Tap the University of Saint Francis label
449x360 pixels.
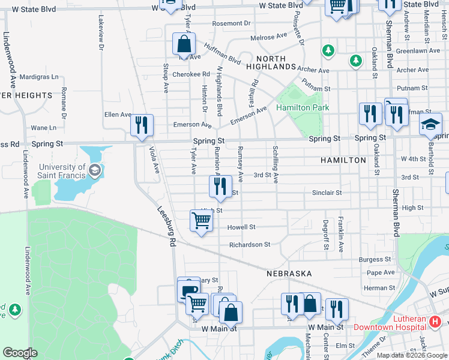click(62, 171)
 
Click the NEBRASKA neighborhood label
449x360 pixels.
click(289, 273)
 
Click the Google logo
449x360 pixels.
click(20, 353)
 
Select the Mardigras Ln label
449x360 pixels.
click(39, 77)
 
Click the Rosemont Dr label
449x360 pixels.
click(231, 23)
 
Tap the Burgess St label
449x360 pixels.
click(375, 260)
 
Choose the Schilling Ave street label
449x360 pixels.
click(275, 164)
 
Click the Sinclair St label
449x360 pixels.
click(327, 193)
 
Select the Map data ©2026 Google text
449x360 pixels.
click(412, 355)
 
